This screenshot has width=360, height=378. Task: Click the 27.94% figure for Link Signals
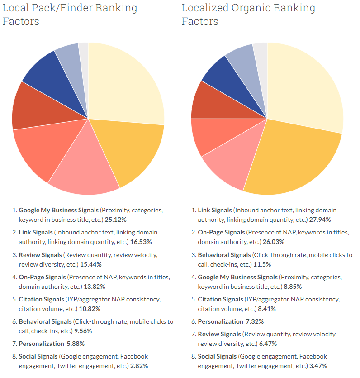click(319, 220)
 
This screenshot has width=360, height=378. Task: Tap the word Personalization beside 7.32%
click(220, 321)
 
